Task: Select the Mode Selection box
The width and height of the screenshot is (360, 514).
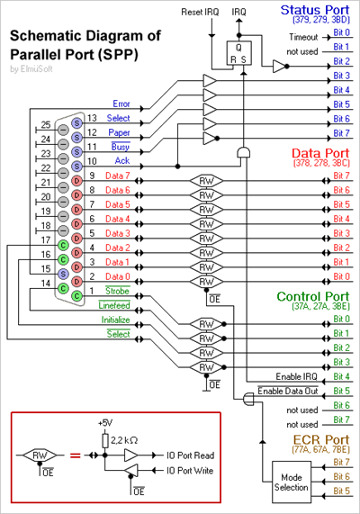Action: [292, 482]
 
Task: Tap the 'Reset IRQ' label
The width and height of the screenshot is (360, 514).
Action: [200, 12]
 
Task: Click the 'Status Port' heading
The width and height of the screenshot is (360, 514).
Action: [315, 10]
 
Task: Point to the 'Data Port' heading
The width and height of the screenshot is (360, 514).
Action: [320, 153]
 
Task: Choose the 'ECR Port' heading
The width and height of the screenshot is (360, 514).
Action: [321, 439]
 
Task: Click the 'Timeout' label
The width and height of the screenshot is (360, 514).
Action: [303, 38]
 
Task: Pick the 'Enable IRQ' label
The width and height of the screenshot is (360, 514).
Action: [296, 376]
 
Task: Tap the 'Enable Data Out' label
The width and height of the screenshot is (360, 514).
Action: [288, 391]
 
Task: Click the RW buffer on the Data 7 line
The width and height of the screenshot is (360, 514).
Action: [207, 181]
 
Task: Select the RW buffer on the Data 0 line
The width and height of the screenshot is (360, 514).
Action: [207, 282]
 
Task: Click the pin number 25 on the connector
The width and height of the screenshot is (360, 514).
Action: [46, 124]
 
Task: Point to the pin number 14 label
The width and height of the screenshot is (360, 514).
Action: [46, 283]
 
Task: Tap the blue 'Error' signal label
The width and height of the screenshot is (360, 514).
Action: [121, 104]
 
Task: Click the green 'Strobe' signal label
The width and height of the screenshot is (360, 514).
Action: [117, 291]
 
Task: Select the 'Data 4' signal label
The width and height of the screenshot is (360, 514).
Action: [117, 219]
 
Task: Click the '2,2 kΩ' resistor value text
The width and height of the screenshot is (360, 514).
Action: [124, 440]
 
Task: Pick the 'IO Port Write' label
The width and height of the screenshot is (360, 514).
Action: [190, 471]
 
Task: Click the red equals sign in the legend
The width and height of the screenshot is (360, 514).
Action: [76, 455]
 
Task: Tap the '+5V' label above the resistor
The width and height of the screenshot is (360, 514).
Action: [105, 423]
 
